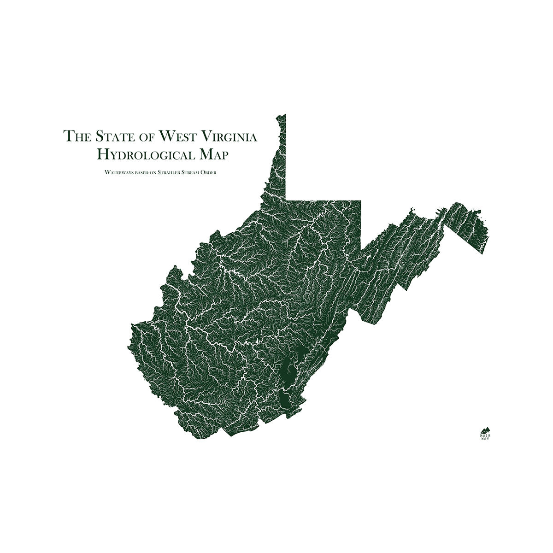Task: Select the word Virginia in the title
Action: coord(230,136)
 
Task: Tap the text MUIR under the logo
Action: coord(485,435)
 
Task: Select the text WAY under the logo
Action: coord(485,439)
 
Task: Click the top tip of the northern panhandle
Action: coord(284,115)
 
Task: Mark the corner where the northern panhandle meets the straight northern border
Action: coord(286,200)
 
